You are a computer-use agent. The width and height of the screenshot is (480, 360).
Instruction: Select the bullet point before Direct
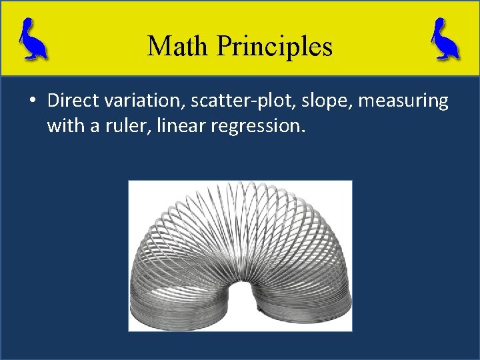[33, 101]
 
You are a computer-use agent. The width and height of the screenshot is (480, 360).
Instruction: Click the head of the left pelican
[26, 25]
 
